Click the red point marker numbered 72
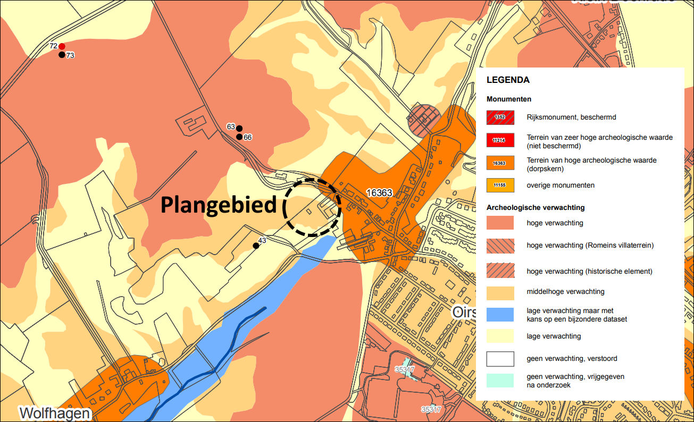(x=62, y=46)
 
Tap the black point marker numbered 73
(x=62, y=55)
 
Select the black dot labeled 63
(x=239, y=128)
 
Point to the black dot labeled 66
(x=239, y=137)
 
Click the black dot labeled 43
(x=256, y=246)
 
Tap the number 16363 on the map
(x=379, y=192)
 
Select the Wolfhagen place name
(x=55, y=413)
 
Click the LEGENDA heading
(x=508, y=80)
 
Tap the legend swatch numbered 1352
(x=500, y=117)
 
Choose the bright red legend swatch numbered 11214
(x=500, y=140)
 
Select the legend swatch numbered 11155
(x=500, y=185)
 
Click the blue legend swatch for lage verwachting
(x=500, y=314)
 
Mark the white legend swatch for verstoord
(x=500, y=359)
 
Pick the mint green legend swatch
(x=500, y=380)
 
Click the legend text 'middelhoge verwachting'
(x=565, y=291)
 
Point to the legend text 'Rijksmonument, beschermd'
(x=571, y=117)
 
